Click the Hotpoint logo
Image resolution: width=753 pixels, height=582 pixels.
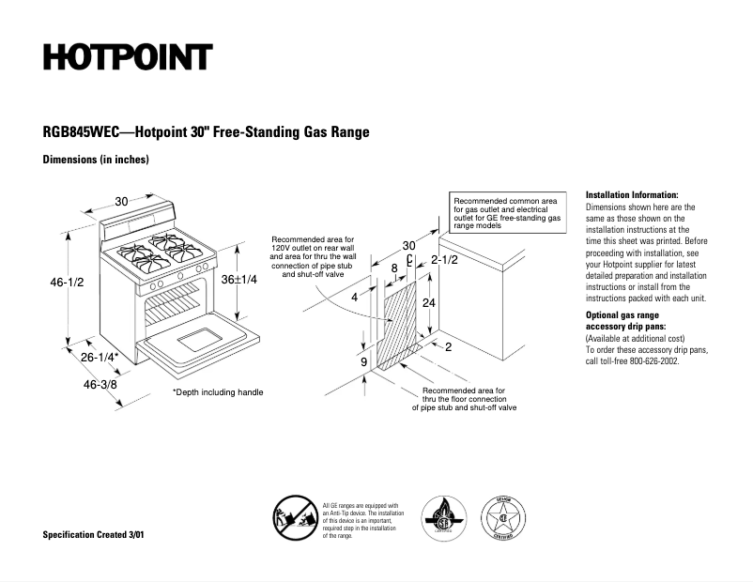tap(128, 56)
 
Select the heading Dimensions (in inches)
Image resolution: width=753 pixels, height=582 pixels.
tap(96, 160)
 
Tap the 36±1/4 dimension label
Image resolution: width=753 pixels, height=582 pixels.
tap(240, 280)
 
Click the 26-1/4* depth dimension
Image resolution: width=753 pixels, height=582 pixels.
tap(100, 358)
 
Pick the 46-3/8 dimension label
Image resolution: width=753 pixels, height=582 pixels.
tap(100, 385)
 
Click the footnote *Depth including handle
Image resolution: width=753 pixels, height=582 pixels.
tap(218, 392)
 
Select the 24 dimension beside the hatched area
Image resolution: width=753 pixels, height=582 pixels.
tap(429, 303)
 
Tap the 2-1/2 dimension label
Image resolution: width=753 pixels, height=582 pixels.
tap(444, 259)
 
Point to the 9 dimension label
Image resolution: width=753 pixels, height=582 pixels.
tap(363, 361)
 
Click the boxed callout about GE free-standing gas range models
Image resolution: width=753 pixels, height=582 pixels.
tap(508, 214)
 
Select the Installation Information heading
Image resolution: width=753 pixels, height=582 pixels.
tap(631, 194)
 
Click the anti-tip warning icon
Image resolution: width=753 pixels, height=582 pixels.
tap(293, 518)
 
